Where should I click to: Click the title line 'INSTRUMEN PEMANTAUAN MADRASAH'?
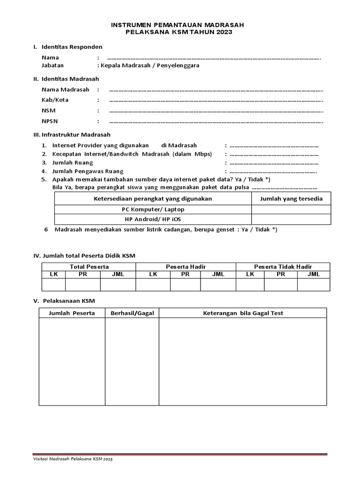178,24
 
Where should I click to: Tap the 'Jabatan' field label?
52,66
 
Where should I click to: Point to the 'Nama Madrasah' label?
65,89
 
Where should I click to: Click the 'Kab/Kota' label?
52,100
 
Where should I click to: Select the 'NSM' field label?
48,111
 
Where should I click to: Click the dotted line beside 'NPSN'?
216,121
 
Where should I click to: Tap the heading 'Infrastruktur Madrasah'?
76,134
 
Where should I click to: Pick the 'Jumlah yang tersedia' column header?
291,199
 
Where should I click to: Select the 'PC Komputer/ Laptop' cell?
153,209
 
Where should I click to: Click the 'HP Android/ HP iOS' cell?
153,219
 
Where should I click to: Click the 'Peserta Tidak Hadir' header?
283,266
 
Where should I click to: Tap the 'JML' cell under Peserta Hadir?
218,274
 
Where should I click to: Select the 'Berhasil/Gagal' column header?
132,313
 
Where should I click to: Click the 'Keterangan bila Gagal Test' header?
242,313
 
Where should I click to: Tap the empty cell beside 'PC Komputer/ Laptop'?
291,209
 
